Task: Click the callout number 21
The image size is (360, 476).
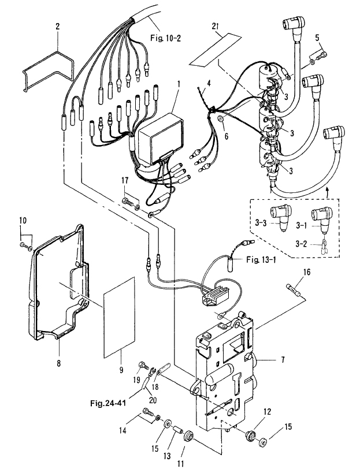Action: pos(215,26)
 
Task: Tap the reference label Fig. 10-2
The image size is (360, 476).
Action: pos(165,38)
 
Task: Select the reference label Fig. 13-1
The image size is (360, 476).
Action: pos(261,260)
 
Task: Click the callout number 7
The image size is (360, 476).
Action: pos(283,360)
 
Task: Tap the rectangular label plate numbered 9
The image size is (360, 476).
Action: pos(119,317)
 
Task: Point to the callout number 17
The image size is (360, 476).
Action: pos(125,181)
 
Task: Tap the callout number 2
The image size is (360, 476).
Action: pos(57,26)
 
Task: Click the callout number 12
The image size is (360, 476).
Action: pos(267,412)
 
